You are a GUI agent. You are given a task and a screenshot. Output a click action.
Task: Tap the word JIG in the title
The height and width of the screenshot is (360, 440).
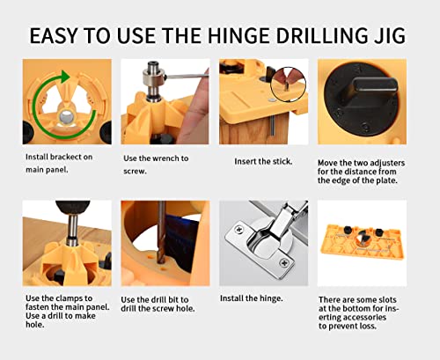[x=389, y=34]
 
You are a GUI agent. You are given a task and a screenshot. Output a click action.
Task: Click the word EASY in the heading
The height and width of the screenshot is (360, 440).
[x=58, y=34]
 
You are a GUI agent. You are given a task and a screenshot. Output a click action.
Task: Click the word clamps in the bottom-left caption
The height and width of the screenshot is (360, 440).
[x=76, y=298]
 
